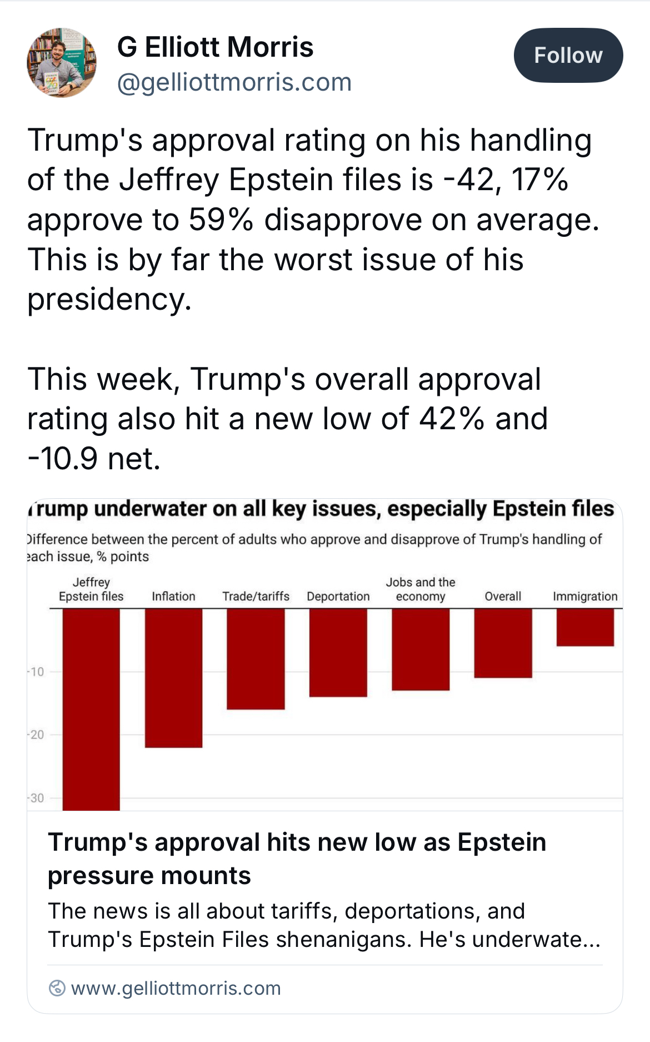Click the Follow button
(568, 56)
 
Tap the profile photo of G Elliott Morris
(62, 63)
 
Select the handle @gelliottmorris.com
(234, 82)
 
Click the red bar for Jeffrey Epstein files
(91, 709)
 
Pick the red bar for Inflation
(173, 678)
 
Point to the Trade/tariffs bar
(256, 659)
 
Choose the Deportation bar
(338, 652)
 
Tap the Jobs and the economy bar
(421, 649)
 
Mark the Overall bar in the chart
(503, 643)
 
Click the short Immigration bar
(585, 627)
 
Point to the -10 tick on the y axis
(36, 672)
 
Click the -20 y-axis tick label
(36, 735)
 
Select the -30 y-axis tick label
(36, 798)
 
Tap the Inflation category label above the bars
(173, 597)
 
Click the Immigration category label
(585, 597)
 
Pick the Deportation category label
(338, 597)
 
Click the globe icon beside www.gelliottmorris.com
(57, 988)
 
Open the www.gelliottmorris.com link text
(176, 988)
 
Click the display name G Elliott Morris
(215, 47)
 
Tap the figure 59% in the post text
(221, 220)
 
